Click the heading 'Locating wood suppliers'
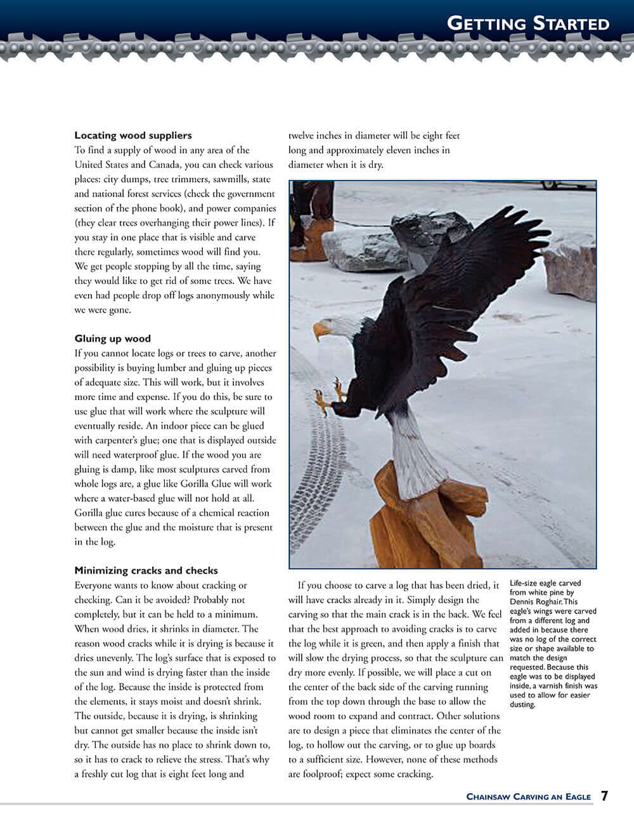[133, 135]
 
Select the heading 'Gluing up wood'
[112, 338]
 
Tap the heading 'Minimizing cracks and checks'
[146, 570]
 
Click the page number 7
[605, 796]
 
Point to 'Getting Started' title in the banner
[527, 24]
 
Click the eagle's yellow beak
[321, 331]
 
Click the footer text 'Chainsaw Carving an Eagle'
[528, 797]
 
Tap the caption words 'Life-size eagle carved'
[545, 584]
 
